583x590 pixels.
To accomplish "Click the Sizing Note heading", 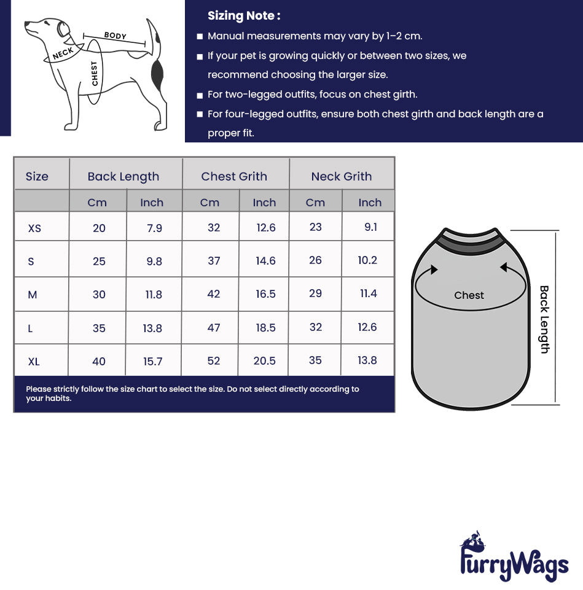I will click(244, 16).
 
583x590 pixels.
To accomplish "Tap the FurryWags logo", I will click(514, 559).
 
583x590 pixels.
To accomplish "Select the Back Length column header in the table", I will click(123, 177).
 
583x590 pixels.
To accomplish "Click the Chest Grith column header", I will click(234, 177).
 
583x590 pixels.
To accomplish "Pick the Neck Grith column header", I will click(341, 177).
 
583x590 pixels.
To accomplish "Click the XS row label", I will click(35, 228).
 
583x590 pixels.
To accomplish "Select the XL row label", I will click(34, 362).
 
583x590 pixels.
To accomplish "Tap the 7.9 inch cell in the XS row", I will click(154, 228).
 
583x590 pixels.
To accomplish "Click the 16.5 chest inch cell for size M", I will click(265, 294).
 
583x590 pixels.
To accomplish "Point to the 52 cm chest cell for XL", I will click(213, 361).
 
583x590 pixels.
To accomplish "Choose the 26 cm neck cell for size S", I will click(315, 260).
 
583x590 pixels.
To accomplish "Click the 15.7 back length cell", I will click(153, 362).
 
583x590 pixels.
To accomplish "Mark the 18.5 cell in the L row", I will click(265, 328).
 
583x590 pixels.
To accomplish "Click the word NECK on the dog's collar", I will click(63, 53).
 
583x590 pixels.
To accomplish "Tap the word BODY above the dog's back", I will click(115, 36).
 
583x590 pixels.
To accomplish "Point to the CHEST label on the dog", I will click(95, 74).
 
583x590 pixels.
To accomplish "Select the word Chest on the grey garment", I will click(469, 295).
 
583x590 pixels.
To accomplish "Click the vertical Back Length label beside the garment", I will click(544, 319).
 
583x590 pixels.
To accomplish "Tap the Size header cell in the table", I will click(37, 177).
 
